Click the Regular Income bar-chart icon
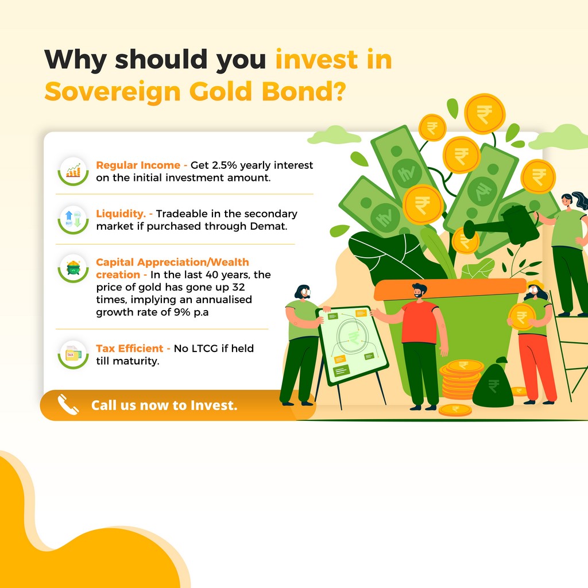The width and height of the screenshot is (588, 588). pos(73,171)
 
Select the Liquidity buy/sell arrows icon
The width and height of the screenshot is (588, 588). pos(73,220)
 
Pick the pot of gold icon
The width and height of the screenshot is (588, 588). pos(73,269)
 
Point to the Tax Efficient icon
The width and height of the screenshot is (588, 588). pos(73,354)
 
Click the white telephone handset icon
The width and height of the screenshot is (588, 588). pos(68,405)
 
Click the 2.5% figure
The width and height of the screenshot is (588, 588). pos(225,165)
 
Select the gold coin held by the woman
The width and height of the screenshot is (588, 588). pos(521,317)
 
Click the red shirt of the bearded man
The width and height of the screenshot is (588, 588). pos(420,322)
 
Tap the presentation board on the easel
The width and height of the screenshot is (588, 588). pos(352,345)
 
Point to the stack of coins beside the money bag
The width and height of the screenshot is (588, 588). pos(461,379)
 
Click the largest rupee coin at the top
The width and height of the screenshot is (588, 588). pos(485,114)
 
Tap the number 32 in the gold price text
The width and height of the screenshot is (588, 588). pos(238,287)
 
